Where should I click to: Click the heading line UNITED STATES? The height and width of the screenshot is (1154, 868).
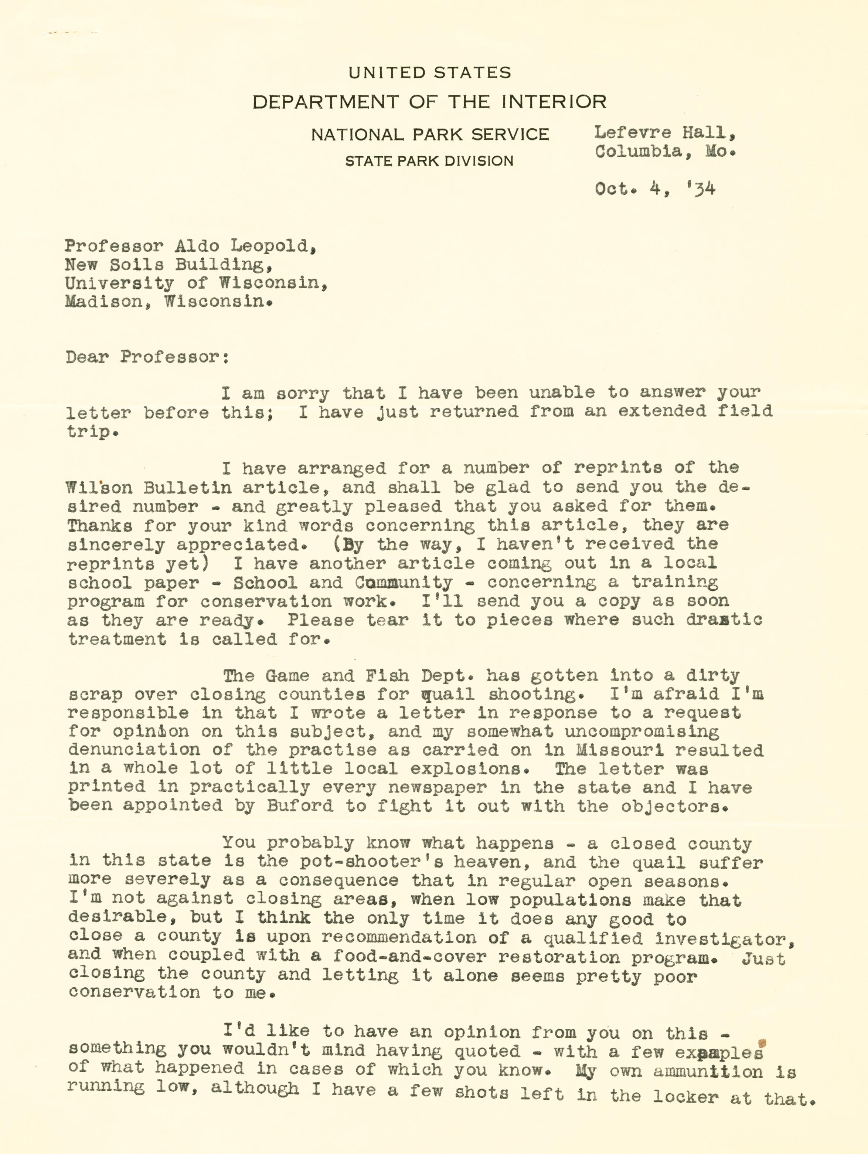pos(430,72)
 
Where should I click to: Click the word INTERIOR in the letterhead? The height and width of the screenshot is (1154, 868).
pos(554,102)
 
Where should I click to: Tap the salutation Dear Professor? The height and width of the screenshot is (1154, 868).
pos(147,357)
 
